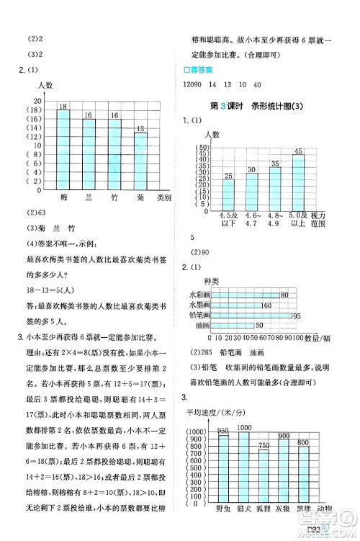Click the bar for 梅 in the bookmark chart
point(63,149)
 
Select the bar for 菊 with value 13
point(140,161)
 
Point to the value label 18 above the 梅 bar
point(63,105)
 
